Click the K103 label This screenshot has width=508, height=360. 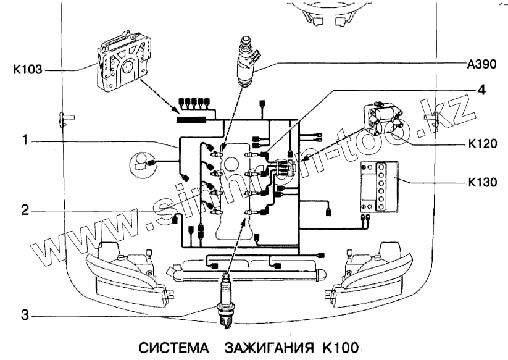(28, 70)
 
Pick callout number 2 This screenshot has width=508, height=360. (25, 210)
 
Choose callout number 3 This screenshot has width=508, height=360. (25, 314)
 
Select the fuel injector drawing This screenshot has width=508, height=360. (246, 61)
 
